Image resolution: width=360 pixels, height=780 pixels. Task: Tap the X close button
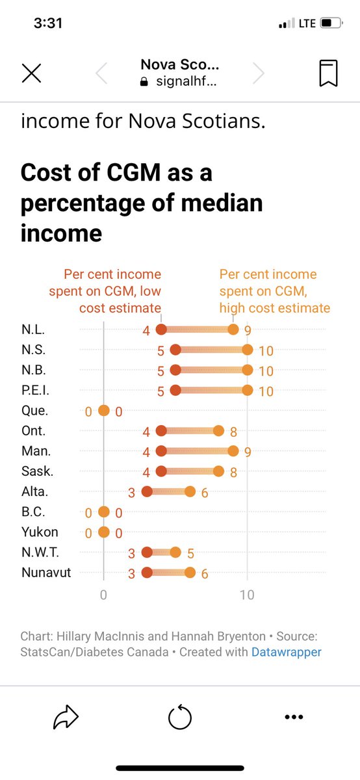point(31,73)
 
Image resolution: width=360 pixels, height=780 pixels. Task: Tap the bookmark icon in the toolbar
point(328,73)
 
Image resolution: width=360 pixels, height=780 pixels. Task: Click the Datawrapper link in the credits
point(286,651)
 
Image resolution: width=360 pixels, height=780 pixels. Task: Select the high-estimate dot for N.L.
point(233,330)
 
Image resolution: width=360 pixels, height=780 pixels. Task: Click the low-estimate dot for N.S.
point(175,350)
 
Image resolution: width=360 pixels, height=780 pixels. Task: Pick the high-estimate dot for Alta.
point(190,491)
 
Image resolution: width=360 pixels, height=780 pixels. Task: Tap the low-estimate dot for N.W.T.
point(147,552)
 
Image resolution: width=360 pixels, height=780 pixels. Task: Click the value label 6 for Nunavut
point(204,573)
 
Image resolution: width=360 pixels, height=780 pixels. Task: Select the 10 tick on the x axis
point(247,595)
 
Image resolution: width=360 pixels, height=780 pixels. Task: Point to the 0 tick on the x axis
point(103,595)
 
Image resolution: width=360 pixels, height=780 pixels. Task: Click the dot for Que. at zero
point(103,411)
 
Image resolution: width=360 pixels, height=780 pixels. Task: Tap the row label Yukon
point(39,532)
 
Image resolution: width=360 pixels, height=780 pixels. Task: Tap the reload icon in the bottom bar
point(180,718)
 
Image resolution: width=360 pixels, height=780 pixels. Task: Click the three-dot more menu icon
point(294,718)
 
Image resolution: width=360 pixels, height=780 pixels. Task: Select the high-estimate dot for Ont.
point(219,431)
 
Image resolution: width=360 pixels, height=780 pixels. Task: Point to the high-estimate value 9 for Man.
point(247,452)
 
